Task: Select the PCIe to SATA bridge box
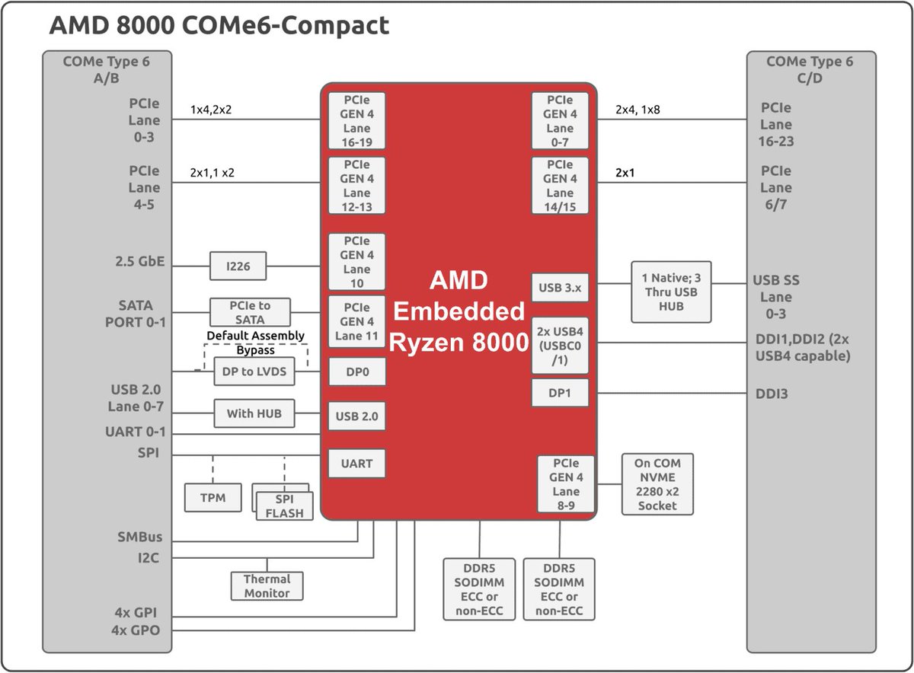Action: point(250,312)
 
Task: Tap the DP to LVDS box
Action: point(254,371)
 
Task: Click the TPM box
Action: point(213,498)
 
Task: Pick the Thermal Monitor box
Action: point(267,586)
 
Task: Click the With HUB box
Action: point(254,414)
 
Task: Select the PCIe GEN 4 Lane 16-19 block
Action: point(357,121)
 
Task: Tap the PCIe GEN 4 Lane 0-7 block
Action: point(560,121)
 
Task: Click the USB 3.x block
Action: point(560,287)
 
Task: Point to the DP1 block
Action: point(560,393)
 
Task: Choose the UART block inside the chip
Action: point(357,464)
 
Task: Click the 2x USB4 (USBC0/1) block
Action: point(560,345)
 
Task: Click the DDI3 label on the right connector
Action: point(772,394)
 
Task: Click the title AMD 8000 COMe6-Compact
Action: point(219,26)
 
